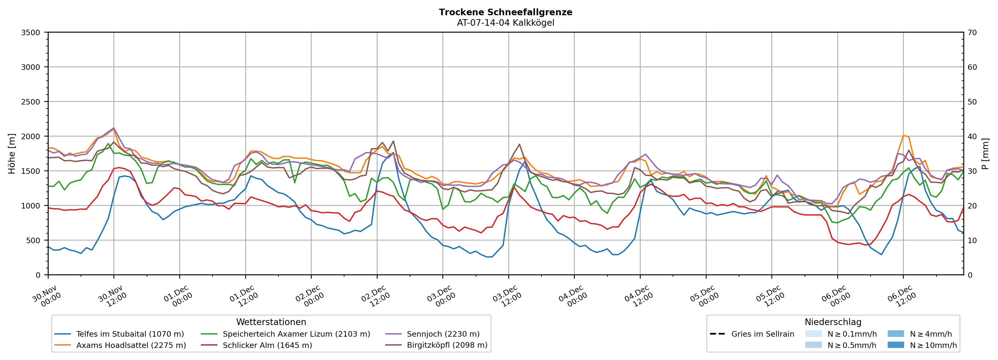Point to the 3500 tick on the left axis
coord(31,33)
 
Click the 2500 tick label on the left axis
coord(31,102)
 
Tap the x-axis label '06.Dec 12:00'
coord(902,296)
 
